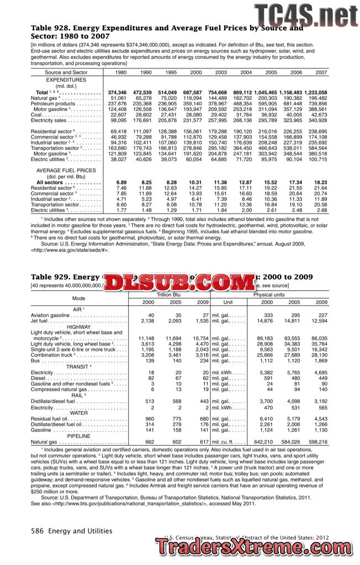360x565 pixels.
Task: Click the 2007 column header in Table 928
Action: (x=321, y=72)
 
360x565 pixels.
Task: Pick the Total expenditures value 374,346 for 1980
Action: (x=117, y=92)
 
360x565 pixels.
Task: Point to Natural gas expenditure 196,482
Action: (x=317, y=98)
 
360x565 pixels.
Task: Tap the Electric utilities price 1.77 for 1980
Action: (x=121, y=210)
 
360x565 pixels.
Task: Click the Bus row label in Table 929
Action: (x=35, y=360)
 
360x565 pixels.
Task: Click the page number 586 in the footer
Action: (x=38, y=531)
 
